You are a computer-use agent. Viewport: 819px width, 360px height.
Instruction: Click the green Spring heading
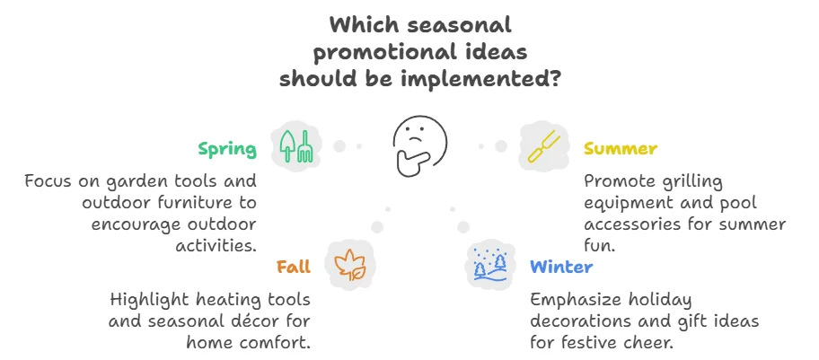click(x=227, y=150)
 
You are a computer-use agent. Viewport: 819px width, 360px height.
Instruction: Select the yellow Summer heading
click(x=620, y=149)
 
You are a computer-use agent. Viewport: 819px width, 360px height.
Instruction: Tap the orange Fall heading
click(x=294, y=267)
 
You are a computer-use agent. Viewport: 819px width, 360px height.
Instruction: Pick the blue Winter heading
click(x=561, y=267)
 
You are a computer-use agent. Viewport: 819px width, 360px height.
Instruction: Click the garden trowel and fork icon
click(x=296, y=145)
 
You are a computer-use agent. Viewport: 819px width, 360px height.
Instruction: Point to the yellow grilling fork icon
click(x=543, y=146)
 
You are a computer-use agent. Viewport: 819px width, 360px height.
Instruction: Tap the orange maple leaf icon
click(x=349, y=265)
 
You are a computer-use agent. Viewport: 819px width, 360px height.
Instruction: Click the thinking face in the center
click(x=419, y=145)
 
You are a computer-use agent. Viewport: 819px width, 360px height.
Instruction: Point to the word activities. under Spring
click(x=216, y=244)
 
